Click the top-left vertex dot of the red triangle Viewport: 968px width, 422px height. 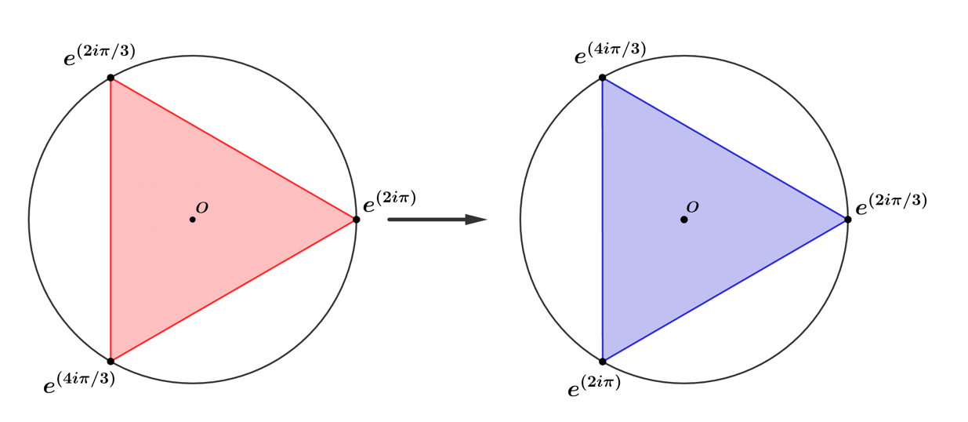(x=111, y=78)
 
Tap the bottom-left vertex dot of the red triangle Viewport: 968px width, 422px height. (x=111, y=362)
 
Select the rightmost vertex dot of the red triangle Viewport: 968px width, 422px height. (x=356, y=220)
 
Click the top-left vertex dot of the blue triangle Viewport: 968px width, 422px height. (x=603, y=78)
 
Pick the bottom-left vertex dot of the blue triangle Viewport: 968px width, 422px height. (x=603, y=362)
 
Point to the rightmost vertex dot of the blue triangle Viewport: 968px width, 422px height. (x=848, y=220)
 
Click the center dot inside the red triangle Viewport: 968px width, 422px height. (x=193, y=220)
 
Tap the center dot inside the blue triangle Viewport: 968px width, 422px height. (x=684, y=220)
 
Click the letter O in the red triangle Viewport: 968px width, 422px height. (x=202, y=208)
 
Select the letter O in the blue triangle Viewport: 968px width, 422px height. (x=693, y=207)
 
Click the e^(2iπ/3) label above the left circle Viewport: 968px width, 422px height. (x=100, y=55)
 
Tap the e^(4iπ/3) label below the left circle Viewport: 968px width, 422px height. (x=79, y=383)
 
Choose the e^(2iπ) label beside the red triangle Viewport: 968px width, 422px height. (x=390, y=202)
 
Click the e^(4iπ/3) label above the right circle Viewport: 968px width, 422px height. (x=610, y=53)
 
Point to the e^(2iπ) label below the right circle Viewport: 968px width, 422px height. (x=594, y=386)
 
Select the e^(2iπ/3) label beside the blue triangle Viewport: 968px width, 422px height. (x=891, y=204)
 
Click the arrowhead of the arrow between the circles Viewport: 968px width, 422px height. (x=477, y=220)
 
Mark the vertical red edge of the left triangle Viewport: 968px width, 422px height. (x=111, y=220)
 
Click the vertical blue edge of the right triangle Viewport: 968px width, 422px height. (x=603, y=220)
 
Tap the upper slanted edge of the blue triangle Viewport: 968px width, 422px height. (x=725, y=149)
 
